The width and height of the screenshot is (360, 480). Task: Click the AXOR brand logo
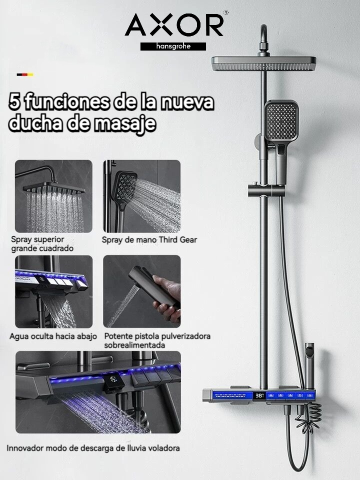coord(174,25)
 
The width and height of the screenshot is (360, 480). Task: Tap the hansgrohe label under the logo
coord(173,46)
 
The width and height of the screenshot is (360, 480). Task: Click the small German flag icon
coord(25,74)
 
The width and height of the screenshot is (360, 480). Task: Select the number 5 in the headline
coord(14,102)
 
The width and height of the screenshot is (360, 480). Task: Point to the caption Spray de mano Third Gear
coord(149,240)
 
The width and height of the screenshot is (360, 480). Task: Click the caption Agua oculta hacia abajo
coord(53,336)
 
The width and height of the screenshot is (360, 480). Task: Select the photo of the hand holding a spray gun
coord(141,291)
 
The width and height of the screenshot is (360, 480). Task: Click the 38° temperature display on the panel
coord(259,395)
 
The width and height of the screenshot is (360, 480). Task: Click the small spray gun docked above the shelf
coord(309,362)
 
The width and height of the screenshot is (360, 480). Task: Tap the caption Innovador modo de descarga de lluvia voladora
coord(93,448)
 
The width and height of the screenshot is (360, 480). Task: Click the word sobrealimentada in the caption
coord(134,345)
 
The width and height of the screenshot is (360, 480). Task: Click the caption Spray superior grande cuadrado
coord(42,244)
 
